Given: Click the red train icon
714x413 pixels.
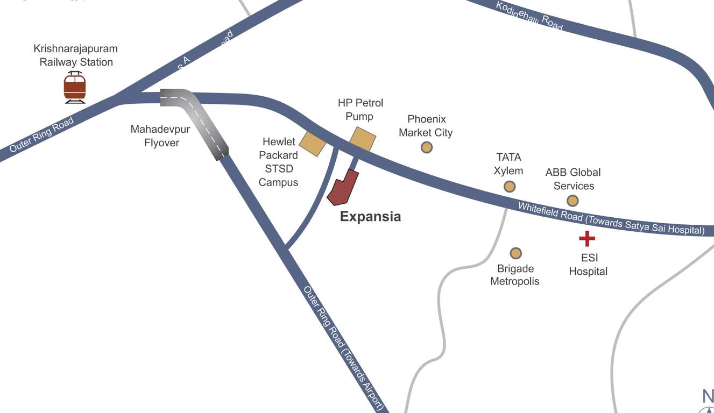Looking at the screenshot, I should (75, 87).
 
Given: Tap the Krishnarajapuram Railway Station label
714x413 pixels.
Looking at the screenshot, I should (76, 55).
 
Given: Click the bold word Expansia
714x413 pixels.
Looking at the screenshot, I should (370, 217).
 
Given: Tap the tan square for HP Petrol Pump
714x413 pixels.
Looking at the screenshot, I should (363, 139).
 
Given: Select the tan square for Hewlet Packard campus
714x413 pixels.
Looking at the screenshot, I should (312, 143).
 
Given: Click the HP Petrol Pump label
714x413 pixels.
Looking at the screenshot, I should (360, 109).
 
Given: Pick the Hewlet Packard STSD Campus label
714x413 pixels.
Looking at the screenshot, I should (278, 162).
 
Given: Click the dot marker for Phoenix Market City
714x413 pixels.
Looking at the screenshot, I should (427, 147).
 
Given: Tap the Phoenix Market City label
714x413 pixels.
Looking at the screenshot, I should (426, 126).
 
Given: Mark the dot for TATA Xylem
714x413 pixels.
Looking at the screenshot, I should (510, 186).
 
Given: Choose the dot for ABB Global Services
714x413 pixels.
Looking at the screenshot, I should (572, 201).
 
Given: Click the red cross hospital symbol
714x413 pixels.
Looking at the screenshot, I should (587, 238).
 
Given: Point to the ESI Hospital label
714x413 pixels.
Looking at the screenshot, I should (588, 265).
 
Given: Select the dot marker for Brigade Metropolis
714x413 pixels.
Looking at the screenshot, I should (515, 253).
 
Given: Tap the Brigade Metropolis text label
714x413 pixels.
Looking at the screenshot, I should (514, 275).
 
